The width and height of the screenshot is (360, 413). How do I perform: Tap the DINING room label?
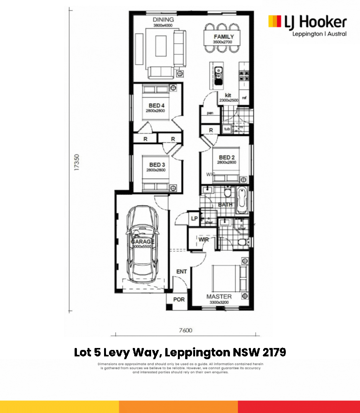click(163, 20)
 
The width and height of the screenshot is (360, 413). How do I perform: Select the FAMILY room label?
click(224, 37)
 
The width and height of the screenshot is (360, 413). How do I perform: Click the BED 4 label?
click(156, 105)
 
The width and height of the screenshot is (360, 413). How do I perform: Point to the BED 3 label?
click(156, 165)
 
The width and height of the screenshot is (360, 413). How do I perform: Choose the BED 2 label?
click(227, 157)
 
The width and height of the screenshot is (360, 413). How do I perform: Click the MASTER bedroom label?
click(219, 296)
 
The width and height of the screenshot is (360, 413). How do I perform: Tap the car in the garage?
click(143, 245)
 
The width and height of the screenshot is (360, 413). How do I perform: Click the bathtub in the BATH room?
click(241, 200)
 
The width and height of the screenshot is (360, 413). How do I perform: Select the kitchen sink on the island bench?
click(218, 75)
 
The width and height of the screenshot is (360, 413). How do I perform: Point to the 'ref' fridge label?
click(244, 98)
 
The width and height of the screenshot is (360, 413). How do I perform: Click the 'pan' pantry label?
click(210, 113)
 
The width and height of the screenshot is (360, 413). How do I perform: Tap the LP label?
click(194, 218)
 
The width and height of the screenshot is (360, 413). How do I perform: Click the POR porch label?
click(179, 299)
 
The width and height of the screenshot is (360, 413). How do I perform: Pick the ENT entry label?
click(181, 272)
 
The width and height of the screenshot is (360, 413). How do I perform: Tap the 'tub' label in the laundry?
click(227, 129)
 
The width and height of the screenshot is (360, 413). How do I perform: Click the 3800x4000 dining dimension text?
click(163, 25)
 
